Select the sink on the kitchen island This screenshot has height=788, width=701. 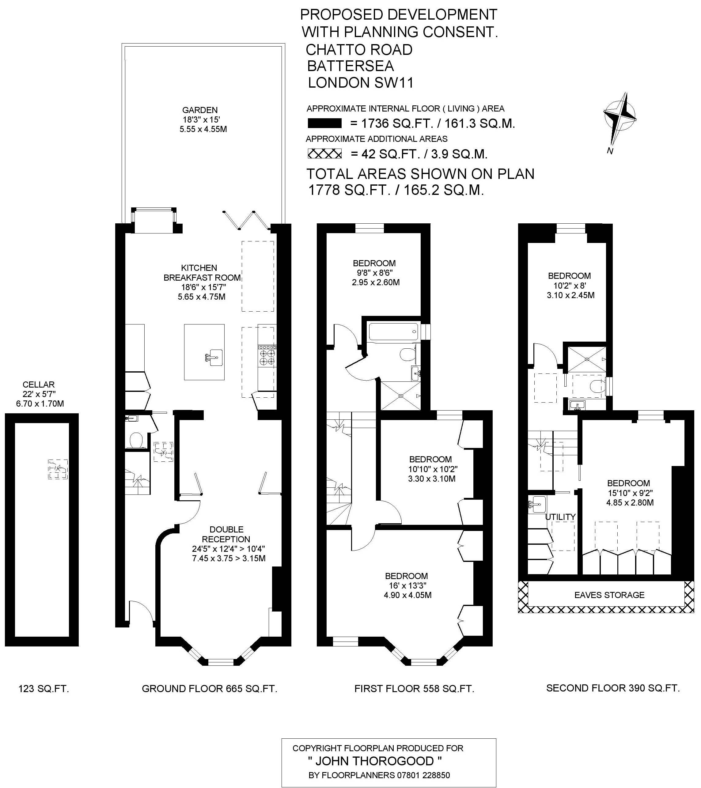coord(214,357)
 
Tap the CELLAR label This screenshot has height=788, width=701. coord(39,385)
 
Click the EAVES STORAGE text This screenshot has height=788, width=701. coord(609,595)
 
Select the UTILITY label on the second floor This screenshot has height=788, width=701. coord(560,517)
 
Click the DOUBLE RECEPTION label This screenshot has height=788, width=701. coord(226,534)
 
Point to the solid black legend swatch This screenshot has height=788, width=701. coord(325,123)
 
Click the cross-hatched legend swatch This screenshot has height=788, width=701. coord(325,154)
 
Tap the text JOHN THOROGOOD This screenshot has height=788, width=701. coord(375,761)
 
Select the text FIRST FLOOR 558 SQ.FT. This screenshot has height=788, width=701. coord(414,688)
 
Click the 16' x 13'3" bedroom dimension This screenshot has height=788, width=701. coord(406,585)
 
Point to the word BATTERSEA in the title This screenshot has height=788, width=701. coord(351,66)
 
